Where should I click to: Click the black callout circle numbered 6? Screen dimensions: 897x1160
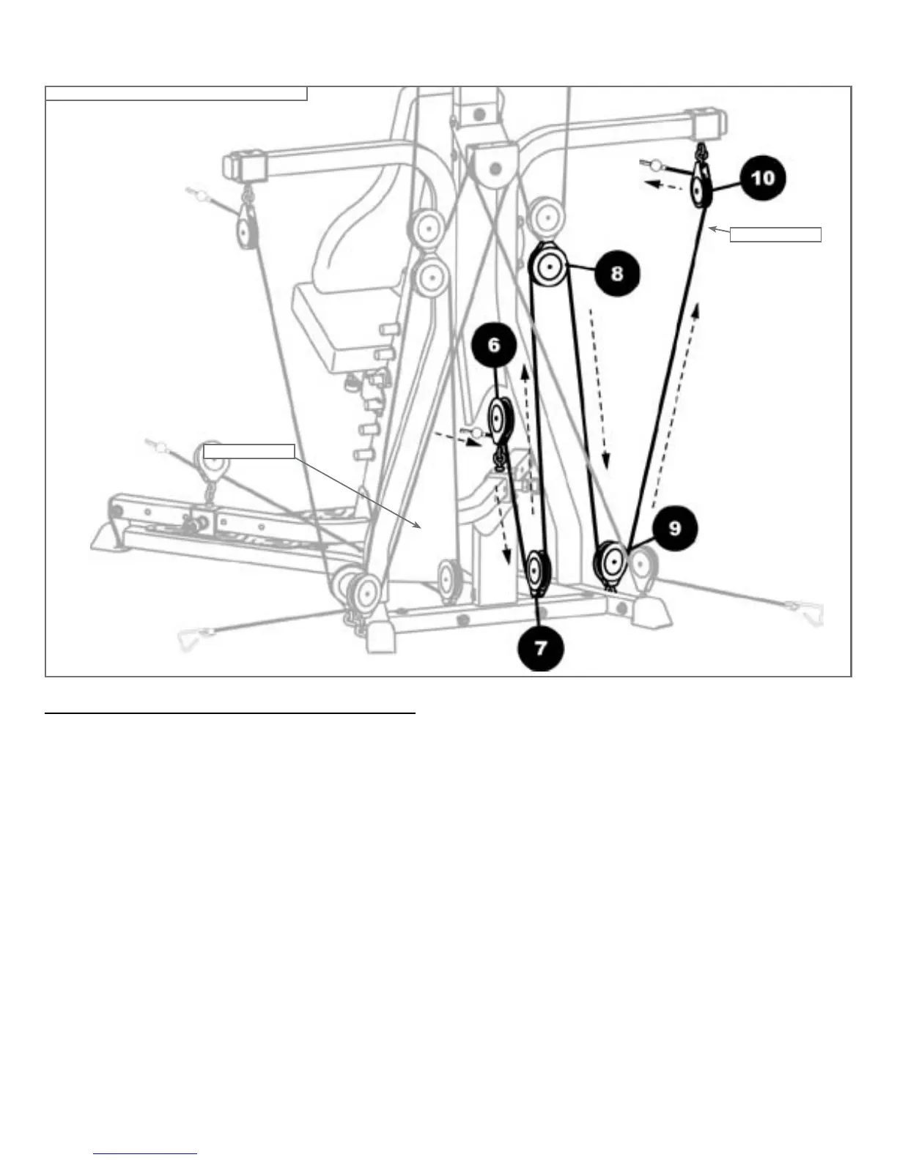[494, 344]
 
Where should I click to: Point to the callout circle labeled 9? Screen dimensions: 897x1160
[675, 528]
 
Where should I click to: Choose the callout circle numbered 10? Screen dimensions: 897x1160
[762, 177]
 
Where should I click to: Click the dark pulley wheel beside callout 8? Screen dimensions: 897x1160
[550, 269]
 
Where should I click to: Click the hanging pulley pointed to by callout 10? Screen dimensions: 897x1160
[698, 191]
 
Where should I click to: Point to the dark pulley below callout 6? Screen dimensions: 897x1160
[500, 420]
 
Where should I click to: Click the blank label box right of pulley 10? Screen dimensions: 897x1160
[776, 234]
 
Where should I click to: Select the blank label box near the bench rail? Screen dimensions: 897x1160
[248, 450]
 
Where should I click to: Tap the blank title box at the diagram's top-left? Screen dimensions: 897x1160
[176, 93]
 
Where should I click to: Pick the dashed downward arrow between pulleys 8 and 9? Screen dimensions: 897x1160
[599, 388]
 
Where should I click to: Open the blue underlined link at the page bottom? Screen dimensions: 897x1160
[146, 1153]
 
